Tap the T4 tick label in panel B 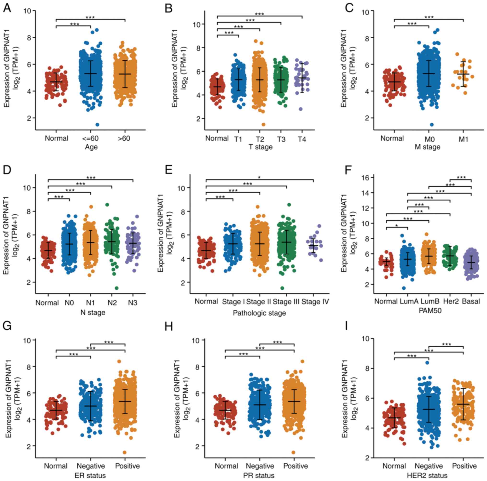(x=302, y=139)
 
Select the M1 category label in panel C (x=463, y=139)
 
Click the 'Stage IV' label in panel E (x=315, y=302)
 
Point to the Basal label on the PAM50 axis (x=471, y=301)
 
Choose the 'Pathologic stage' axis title (x=259, y=313)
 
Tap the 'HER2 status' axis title (x=427, y=475)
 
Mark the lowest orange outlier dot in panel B (x=263, y=124)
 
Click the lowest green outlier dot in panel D (x=116, y=288)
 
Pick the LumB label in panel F (x=429, y=301)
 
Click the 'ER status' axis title (x=90, y=475)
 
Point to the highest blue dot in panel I (x=427, y=362)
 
